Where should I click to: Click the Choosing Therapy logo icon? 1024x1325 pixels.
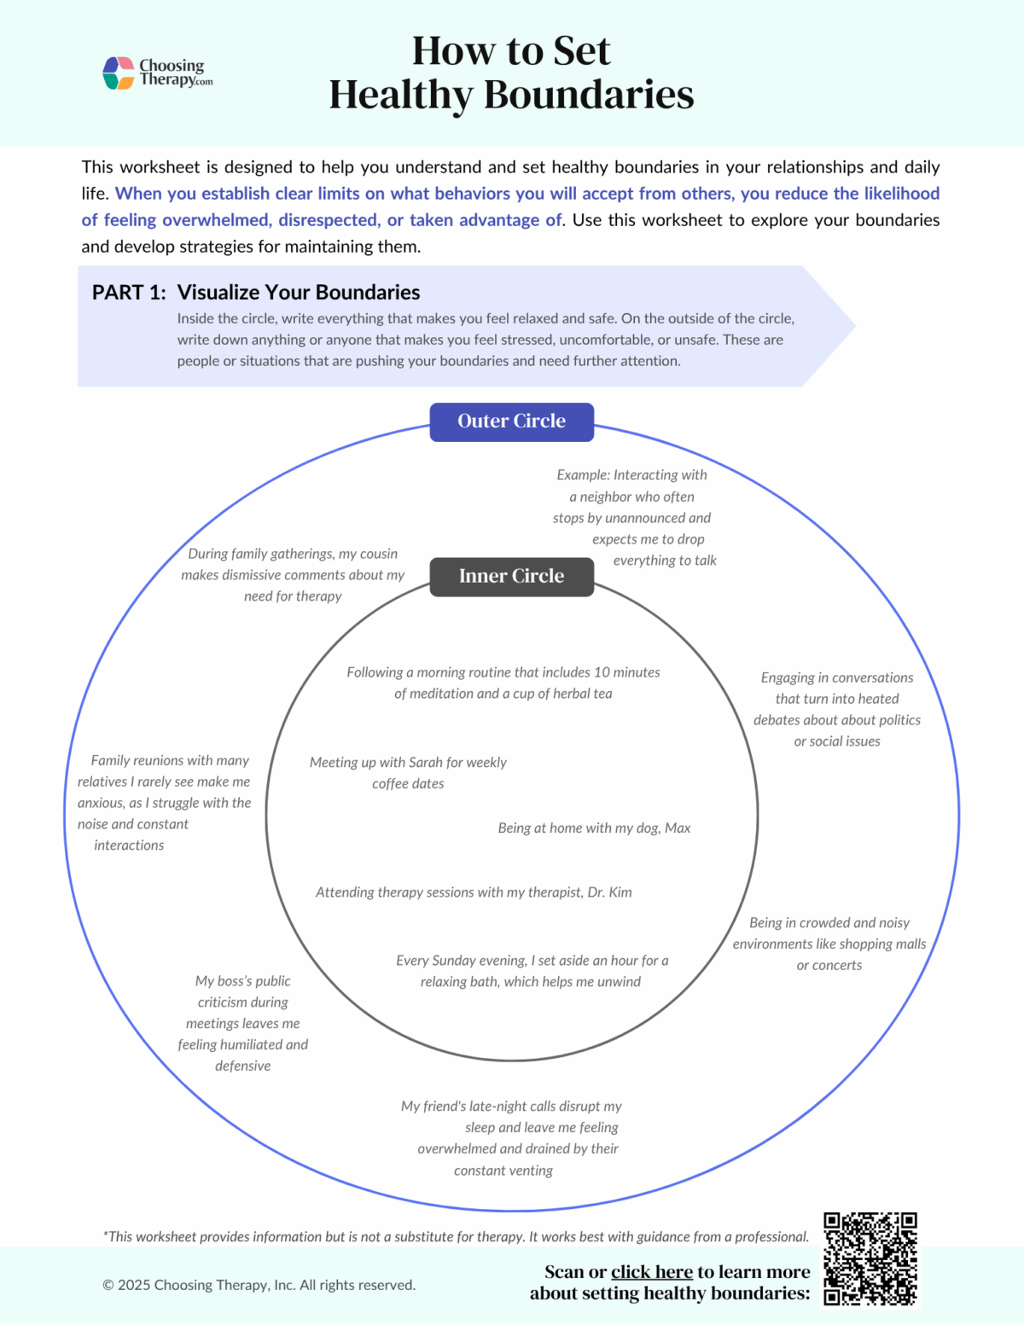[119, 73]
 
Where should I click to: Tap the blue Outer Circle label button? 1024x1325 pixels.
[511, 421]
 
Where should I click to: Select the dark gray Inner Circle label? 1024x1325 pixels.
[511, 577]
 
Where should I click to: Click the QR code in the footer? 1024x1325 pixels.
[870, 1258]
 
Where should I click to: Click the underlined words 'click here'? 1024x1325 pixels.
[652, 1272]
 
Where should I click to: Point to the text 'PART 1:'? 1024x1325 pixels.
[129, 293]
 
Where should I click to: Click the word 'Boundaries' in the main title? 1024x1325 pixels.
[589, 95]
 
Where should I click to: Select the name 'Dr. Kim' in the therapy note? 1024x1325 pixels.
[609, 892]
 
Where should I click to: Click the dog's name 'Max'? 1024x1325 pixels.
[678, 828]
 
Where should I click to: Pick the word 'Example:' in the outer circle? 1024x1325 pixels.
[583, 475]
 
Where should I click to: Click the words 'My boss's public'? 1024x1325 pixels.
[243, 981]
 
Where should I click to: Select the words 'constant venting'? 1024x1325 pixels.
[503, 1171]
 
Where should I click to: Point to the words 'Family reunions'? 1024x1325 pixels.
[137, 760]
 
